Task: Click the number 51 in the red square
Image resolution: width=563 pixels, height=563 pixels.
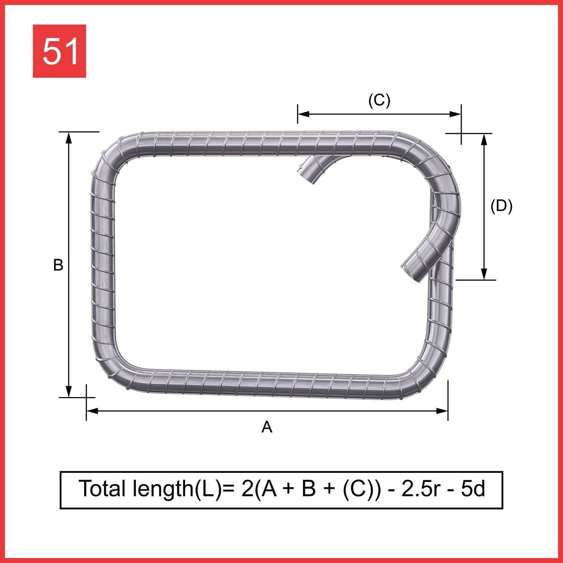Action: (59, 51)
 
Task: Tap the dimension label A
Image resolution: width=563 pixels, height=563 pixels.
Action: (267, 427)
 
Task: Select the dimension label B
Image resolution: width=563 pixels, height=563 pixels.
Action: (58, 265)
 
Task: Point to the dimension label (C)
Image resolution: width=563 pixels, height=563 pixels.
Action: (379, 100)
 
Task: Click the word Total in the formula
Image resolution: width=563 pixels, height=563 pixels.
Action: (102, 489)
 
